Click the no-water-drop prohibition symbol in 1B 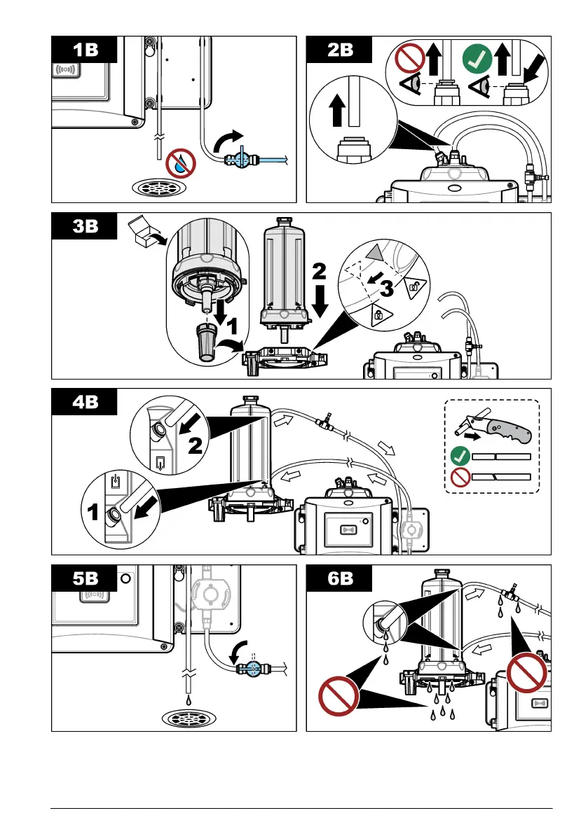point(182,164)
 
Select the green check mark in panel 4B point(458,457)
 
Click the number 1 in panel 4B point(92,513)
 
